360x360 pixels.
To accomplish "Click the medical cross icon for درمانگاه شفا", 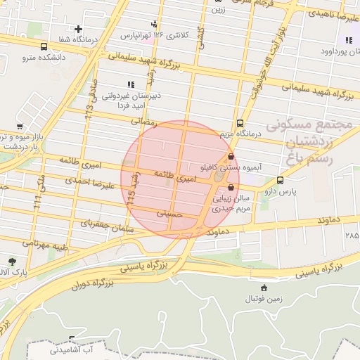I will [x=79, y=29].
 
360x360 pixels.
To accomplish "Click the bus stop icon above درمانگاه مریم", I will [x=241, y=122].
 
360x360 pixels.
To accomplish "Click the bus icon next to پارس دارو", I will [x=281, y=180].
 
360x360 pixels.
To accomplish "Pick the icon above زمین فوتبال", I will [x=264, y=288].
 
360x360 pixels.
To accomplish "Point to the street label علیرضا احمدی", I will [x=87, y=183].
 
